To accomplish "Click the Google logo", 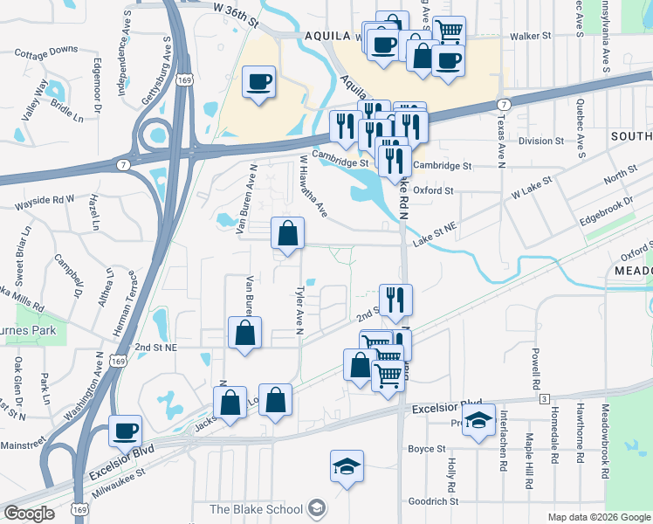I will pyautogui.click(x=29, y=513).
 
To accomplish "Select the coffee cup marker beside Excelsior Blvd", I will pyautogui.click(x=125, y=431).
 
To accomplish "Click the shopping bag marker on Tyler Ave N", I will pyautogui.click(x=287, y=233).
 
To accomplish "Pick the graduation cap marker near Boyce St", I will pyautogui.click(x=347, y=466).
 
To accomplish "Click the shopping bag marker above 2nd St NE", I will pyautogui.click(x=244, y=333).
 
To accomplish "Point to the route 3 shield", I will pyautogui.click(x=544, y=399).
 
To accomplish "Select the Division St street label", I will pyautogui.click(x=541, y=141).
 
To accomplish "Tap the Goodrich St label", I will pyautogui.click(x=433, y=501).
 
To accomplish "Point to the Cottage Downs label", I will pyautogui.click(x=46, y=52).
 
